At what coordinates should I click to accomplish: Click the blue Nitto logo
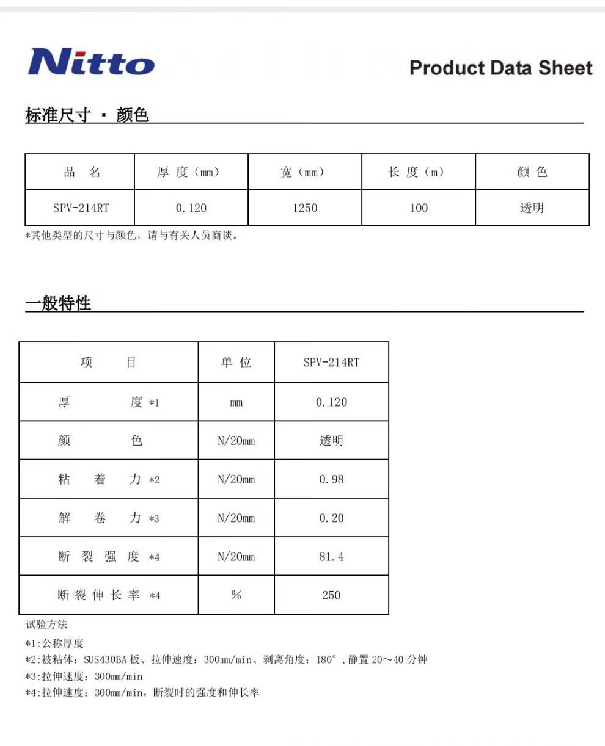91,62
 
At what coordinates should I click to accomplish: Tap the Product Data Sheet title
501,68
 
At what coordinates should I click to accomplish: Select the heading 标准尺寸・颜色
87,115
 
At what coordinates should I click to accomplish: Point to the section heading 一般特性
58,303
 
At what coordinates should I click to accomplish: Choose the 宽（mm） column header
304,172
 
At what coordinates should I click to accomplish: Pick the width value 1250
304,208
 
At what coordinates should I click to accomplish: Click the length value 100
419,208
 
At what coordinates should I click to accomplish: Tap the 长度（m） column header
418,172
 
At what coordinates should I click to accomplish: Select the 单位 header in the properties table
236,363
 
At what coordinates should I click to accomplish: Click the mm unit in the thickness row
236,403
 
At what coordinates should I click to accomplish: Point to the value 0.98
331,480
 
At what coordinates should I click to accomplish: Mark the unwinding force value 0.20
331,518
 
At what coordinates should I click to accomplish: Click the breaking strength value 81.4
331,557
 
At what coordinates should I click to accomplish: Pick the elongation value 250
331,595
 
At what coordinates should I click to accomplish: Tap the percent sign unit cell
236,595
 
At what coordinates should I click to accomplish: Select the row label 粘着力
100,480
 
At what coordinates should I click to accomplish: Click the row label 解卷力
100,518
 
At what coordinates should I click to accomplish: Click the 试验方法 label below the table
46,625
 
